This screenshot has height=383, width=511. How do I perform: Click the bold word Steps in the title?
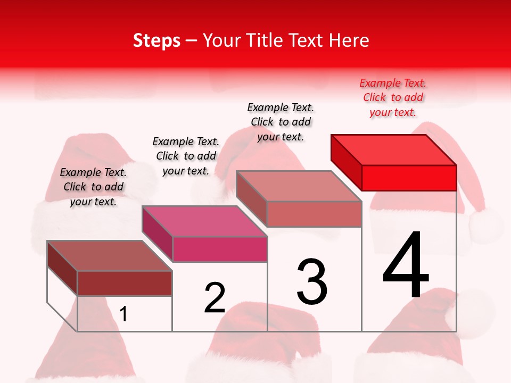tap(156, 40)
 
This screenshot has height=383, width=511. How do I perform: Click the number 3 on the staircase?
tap(312, 281)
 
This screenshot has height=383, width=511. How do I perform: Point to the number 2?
tap(215, 298)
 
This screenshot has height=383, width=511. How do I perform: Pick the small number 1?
tap(123, 314)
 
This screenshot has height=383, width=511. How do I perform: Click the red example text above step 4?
tap(393, 97)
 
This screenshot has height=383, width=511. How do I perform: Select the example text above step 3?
tap(281, 122)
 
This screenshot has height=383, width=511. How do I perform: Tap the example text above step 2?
tap(186, 156)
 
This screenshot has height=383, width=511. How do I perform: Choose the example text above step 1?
tap(93, 187)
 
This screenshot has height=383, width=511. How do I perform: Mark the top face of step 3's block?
tap(299, 186)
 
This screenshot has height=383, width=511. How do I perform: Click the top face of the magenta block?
tap(204, 221)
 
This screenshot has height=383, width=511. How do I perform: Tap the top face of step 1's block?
tap(110, 256)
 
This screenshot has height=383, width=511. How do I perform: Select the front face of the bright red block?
tap(409, 178)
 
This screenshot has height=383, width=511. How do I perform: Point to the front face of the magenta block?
tap(220, 249)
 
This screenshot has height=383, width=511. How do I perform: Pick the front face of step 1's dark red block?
tap(125, 283)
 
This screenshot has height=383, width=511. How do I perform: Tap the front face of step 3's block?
tap(314, 214)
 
